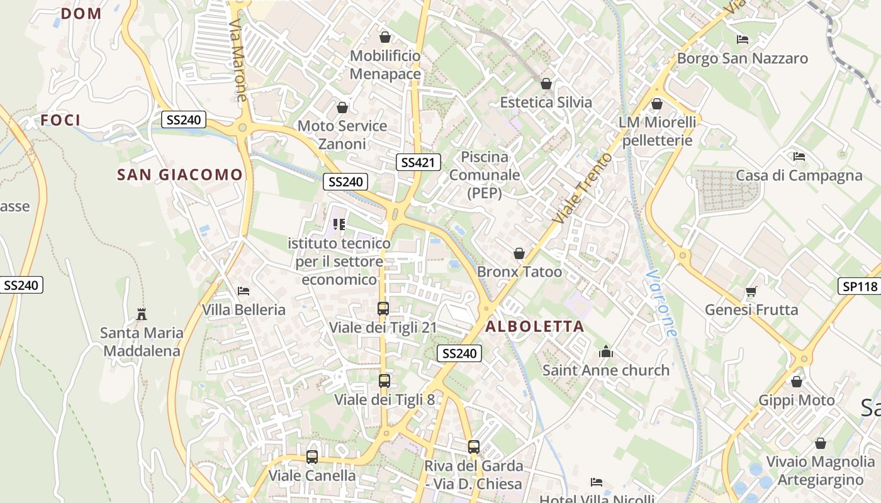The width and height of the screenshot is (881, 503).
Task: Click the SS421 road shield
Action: [418, 162]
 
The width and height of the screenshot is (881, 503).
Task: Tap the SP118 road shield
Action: [860, 287]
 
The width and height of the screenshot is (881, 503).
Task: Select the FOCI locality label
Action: [61, 120]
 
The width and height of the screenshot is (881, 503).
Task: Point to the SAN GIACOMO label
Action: [180, 175]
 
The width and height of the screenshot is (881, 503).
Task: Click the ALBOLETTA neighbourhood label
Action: [535, 326]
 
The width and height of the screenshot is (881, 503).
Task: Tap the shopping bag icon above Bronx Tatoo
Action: [519, 253]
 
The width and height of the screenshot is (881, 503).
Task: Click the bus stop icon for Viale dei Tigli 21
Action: [383, 309]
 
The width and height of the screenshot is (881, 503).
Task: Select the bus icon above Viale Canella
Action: [312, 457]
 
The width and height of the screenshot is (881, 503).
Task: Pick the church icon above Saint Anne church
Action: [606, 351]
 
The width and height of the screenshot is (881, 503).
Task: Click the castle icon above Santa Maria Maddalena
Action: [142, 314]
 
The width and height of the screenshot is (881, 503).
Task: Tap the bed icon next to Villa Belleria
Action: [244, 291]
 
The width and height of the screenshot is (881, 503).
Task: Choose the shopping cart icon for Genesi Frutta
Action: [751, 291]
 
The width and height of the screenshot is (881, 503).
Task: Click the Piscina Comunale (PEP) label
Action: [485, 175]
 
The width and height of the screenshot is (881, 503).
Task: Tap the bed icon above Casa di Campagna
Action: [799, 157]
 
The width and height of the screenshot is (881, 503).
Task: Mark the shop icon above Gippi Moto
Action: [797, 382]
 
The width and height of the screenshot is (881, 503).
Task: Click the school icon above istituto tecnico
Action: [339, 224]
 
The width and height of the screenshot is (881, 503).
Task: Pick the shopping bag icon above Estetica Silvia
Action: [546, 84]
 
